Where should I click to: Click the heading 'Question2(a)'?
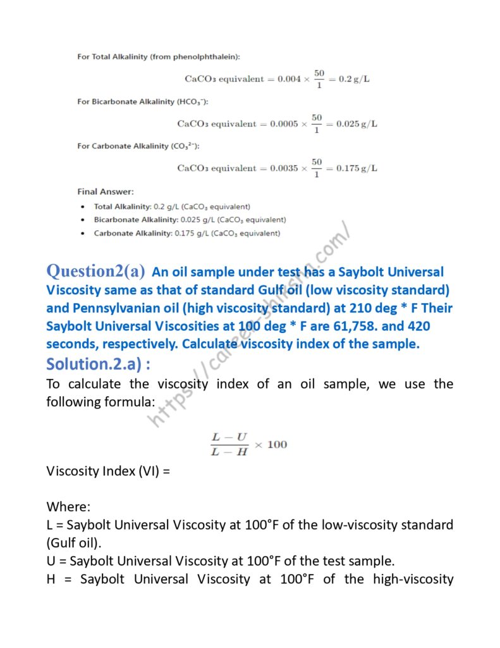[95, 271]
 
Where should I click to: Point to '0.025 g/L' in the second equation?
[357, 123]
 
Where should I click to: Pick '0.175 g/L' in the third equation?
[357, 168]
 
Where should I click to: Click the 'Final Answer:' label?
[105, 191]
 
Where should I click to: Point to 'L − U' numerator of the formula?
[229, 437]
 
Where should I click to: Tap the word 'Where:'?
[68, 507]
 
